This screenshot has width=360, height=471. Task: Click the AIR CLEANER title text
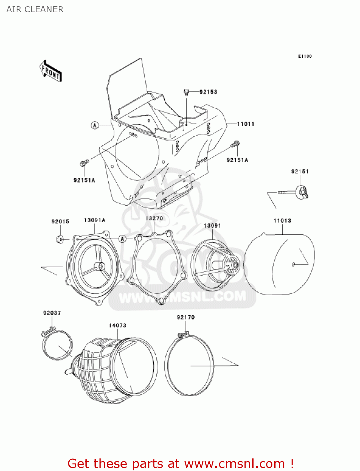click(x=35, y=9)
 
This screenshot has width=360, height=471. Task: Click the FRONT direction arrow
click(x=51, y=71)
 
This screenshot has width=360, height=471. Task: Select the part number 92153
click(x=208, y=92)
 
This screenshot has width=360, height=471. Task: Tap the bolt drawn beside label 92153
click(x=186, y=92)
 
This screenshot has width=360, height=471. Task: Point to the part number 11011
click(x=245, y=124)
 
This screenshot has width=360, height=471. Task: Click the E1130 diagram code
click(x=305, y=56)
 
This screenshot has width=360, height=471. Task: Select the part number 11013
click(x=282, y=220)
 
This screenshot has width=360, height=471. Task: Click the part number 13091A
click(x=94, y=220)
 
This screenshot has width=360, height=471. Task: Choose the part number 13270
click(x=154, y=218)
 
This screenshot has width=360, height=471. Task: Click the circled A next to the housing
click(x=95, y=125)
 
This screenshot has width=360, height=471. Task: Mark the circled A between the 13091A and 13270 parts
click(x=122, y=239)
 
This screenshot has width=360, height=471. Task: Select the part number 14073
click(x=117, y=325)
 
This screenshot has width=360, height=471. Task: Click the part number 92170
click(x=185, y=317)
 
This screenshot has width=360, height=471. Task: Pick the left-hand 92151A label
click(x=84, y=180)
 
